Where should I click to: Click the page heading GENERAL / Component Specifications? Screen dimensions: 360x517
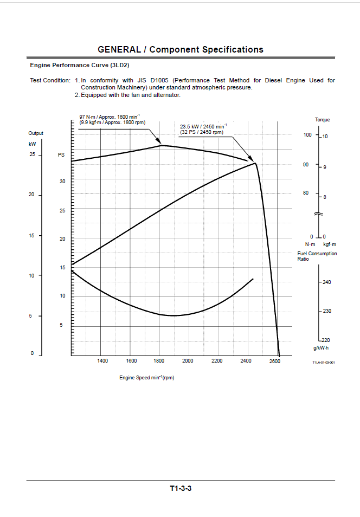click(x=181, y=49)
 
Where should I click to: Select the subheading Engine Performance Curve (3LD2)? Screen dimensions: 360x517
click(x=80, y=65)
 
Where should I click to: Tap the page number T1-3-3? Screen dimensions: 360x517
click(x=181, y=488)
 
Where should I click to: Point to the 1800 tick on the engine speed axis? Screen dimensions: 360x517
click(x=159, y=361)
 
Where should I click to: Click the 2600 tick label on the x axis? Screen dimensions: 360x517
click(x=274, y=361)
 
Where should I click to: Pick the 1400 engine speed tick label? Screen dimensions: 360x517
click(x=102, y=361)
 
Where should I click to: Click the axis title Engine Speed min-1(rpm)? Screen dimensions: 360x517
click(x=147, y=378)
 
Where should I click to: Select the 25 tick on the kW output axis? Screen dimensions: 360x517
click(x=32, y=154)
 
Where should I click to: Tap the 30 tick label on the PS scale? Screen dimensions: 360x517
click(x=62, y=182)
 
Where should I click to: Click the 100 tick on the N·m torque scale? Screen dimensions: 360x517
click(x=307, y=134)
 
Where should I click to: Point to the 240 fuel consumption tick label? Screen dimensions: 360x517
click(x=327, y=282)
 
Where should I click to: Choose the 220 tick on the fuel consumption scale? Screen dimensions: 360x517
click(x=326, y=340)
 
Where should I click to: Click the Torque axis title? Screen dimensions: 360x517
click(x=323, y=120)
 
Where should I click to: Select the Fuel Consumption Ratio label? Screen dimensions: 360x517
click(x=317, y=256)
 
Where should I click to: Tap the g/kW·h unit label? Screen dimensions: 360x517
click(x=321, y=348)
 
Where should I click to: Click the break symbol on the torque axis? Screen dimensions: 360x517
click(x=319, y=214)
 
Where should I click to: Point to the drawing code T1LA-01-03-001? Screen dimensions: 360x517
click(x=324, y=363)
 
